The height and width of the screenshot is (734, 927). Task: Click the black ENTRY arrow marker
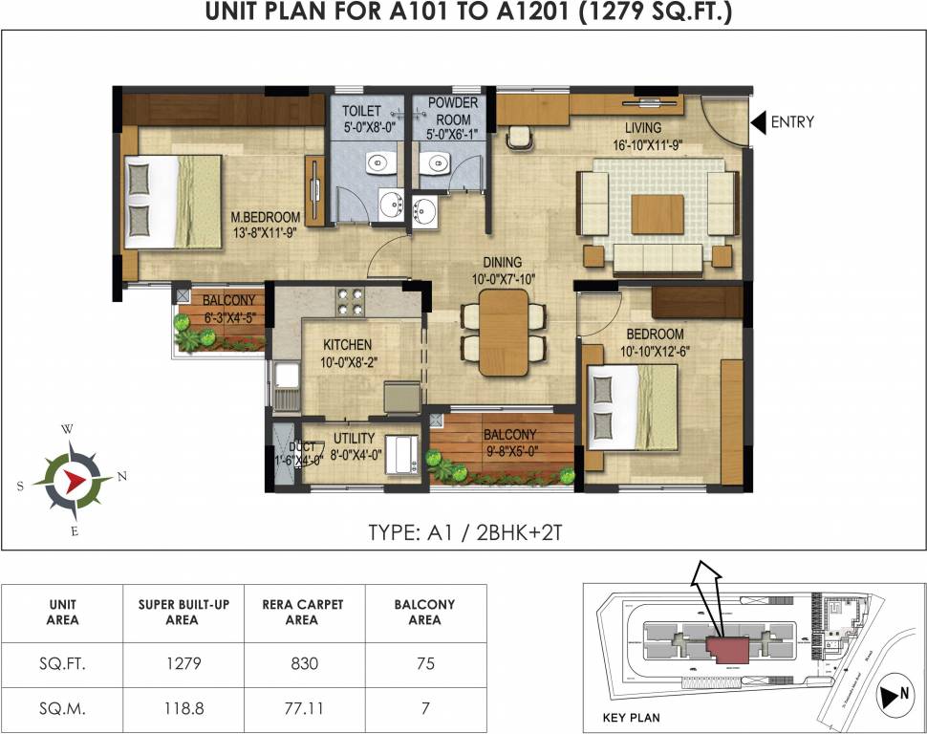point(758,122)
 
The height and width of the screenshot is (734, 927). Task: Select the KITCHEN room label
point(347,345)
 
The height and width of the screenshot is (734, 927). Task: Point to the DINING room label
point(502,262)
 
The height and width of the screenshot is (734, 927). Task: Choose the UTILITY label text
point(354,439)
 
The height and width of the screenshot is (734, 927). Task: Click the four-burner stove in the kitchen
point(352,302)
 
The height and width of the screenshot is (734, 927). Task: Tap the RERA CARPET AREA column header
point(303,612)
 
